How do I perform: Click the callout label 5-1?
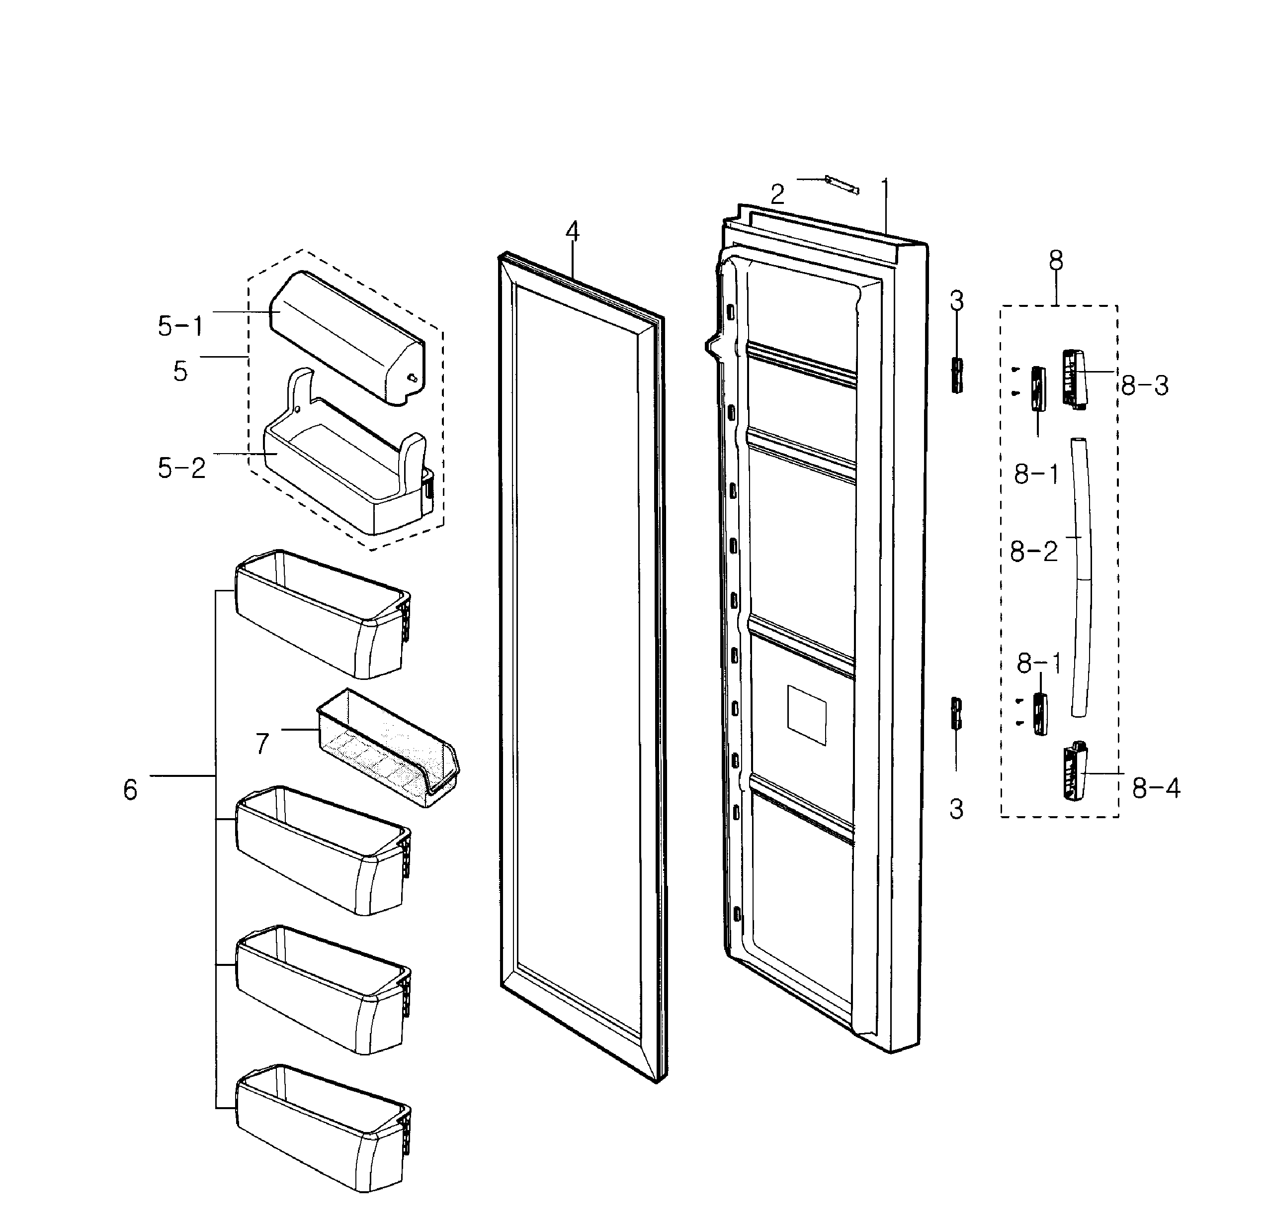[180, 326]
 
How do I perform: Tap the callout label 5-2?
[181, 468]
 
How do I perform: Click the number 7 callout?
[262, 744]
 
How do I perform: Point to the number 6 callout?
[131, 789]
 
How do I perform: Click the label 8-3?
[1145, 386]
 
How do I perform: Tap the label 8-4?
[1156, 788]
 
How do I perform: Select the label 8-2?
[1033, 552]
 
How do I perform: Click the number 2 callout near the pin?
[777, 194]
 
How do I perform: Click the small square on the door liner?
[807, 715]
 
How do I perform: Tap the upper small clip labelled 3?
[956, 375]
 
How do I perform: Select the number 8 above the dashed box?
[1055, 261]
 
